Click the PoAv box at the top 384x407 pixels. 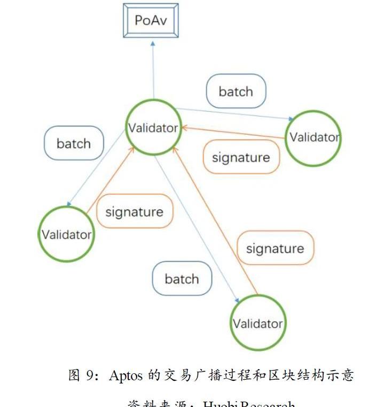(x=150, y=20)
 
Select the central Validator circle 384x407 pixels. (x=153, y=128)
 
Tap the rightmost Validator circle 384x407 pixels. (x=314, y=137)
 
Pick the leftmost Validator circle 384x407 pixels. (x=66, y=235)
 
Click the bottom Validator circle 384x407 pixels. (x=257, y=323)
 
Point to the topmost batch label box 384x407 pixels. (x=236, y=91)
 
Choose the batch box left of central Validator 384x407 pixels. (x=74, y=143)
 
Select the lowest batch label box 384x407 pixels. (x=182, y=279)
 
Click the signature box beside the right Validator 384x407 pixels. (x=241, y=157)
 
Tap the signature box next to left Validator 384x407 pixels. (x=134, y=211)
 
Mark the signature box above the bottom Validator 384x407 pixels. (x=275, y=248)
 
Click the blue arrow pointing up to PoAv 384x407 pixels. (x=153, y=70)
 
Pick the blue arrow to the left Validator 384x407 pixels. (x=96, y=168)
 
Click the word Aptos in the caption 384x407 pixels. (x=126, y=375)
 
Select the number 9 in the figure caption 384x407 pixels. (x=89, y=375)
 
